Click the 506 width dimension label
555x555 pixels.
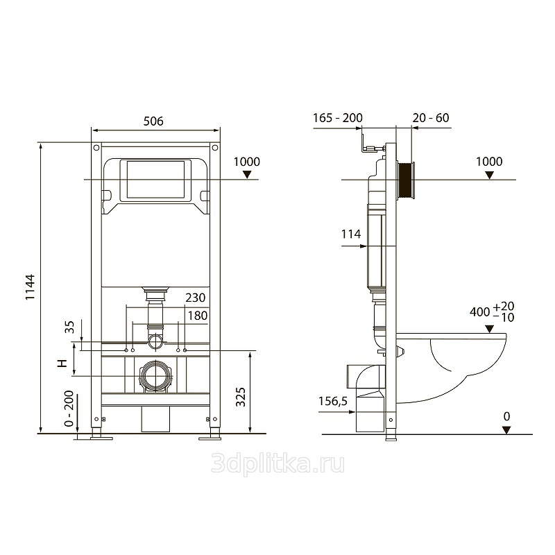(153, 121)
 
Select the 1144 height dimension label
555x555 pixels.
(31, 287)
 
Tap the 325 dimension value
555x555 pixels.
(241, 397)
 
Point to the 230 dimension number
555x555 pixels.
(196, 298)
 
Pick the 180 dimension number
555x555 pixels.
(198, 316)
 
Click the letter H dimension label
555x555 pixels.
(62, 363)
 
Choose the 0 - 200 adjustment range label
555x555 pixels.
(69, 409)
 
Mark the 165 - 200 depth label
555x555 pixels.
(338, 118)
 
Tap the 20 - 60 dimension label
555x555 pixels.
(431, 118)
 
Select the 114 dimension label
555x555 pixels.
(351, 234)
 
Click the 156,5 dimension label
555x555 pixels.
(333, 402)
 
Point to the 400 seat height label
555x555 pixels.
(480, 311)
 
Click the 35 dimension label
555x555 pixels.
(70, 327)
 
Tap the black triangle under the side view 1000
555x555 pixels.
(489, 175)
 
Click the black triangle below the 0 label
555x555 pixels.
(507, 430)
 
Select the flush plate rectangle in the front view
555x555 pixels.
(155, 180)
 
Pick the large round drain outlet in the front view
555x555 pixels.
(155, 377)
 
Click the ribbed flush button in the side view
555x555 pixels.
(406, 180)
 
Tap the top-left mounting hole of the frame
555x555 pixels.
(96, 148)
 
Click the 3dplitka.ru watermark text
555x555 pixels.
(278, 464)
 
